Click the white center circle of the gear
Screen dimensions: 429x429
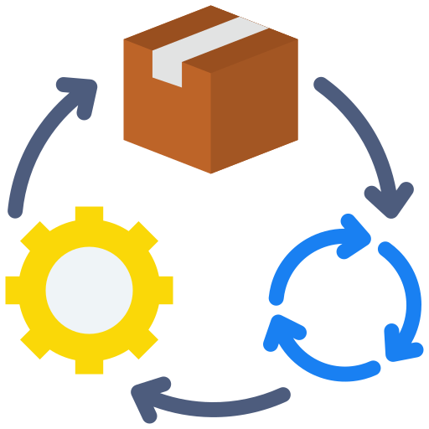[x=89, y=290]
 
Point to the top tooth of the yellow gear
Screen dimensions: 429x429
[x=89, y=215]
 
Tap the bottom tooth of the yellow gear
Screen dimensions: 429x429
[x=89, y=364]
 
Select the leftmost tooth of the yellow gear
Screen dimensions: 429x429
[x=14, y=290]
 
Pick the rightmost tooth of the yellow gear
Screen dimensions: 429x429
[x=163, y=290]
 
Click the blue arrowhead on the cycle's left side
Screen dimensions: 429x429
[x=276, y=333]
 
